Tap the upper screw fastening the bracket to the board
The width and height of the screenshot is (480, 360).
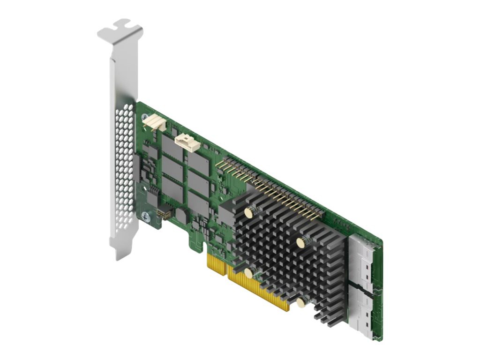[145, 116]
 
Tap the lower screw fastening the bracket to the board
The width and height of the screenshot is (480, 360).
[145, 216]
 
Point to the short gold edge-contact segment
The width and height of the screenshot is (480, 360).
[217, 266]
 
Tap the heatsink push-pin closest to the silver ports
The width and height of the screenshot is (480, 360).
[301, 242]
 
